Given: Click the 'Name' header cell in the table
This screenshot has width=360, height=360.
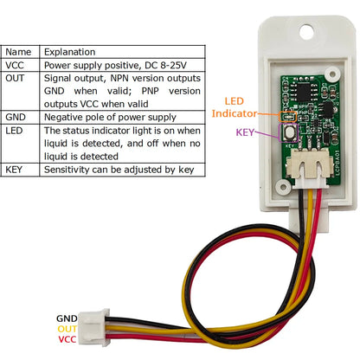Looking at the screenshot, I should tap(18, 52).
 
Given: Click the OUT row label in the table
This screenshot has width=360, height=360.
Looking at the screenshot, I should tap(16, 78).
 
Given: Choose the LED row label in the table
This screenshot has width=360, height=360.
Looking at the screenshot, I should tap(16, 131).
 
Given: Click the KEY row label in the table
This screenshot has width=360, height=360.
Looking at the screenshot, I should tap(16, 170).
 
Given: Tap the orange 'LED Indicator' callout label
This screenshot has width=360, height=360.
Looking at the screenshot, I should tap(234, 107).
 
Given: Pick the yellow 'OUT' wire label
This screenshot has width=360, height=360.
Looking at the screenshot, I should tap(67, 329).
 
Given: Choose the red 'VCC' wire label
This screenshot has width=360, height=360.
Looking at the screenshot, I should tap(67, 339).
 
